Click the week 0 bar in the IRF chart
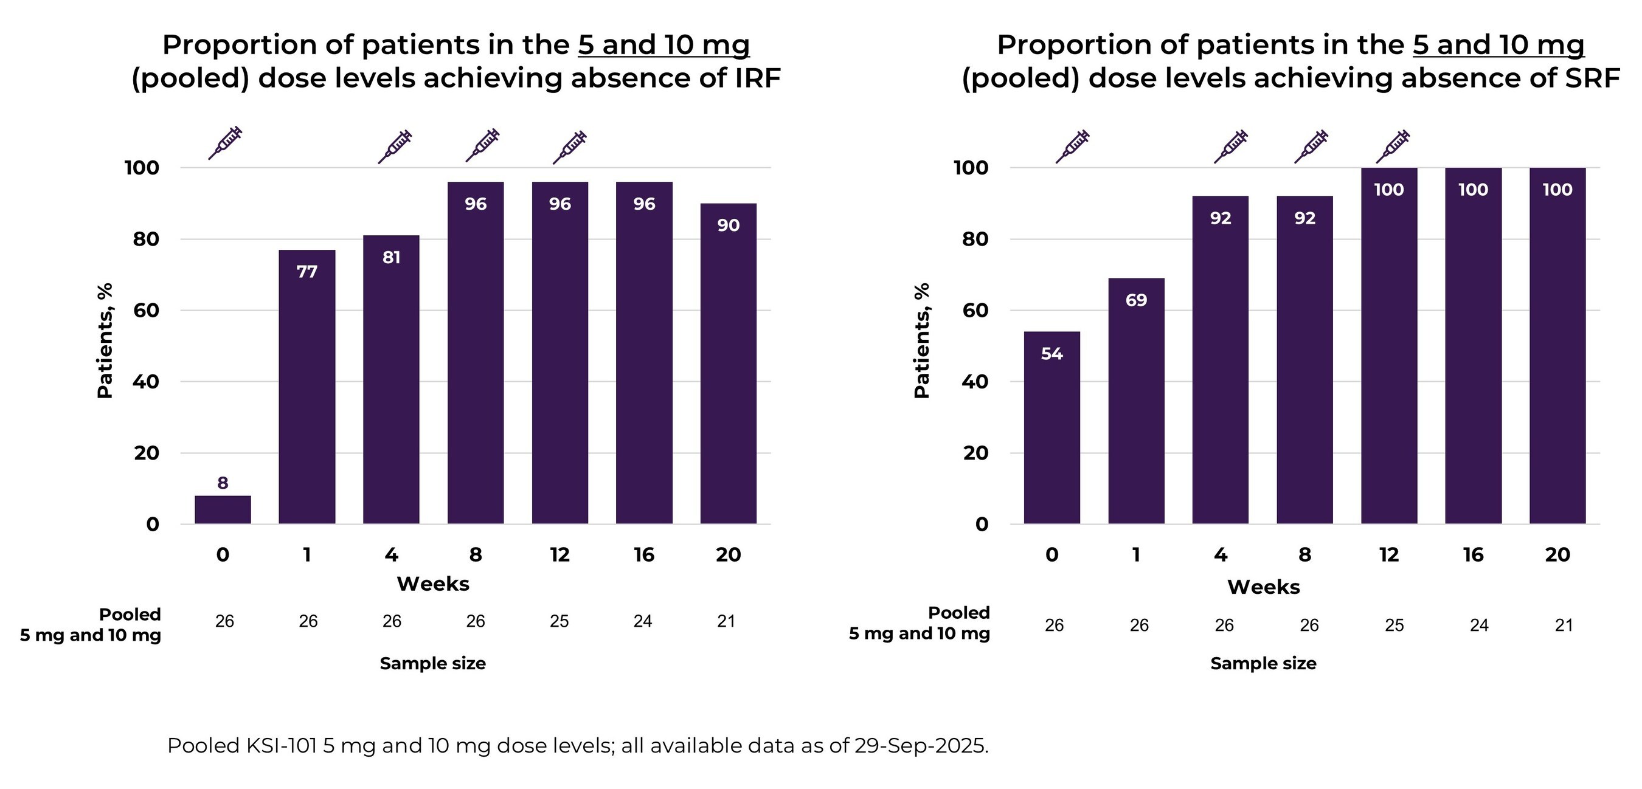point(223,510)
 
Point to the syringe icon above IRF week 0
point(226,143)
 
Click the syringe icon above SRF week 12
point(1393,146)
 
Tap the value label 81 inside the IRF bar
point(392,258)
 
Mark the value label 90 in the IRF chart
point(728,226)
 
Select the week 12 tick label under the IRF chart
point(559,554)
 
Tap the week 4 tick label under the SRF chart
point(1220,554)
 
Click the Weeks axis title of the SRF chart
point(1263,587)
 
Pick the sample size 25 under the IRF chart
point(559,621)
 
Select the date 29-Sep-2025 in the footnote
point(921,745)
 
